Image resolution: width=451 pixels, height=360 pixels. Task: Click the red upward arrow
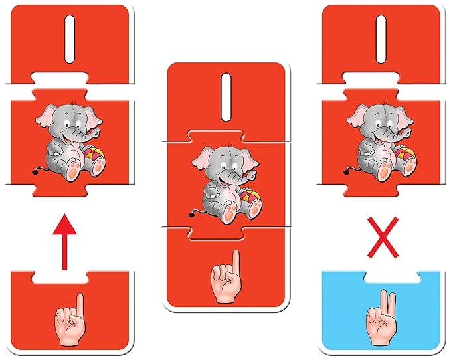pyautogui.click(x=64, y=242)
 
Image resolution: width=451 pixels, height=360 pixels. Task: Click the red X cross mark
pyautogui.click(x=383, y=238)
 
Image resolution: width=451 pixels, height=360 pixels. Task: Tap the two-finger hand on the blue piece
pyautogui.click(x=381, y=317)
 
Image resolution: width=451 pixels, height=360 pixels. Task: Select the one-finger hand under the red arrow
pyautogui.click(x=70, y=319)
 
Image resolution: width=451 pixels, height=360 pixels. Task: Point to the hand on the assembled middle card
pyautogui.click(x=226, y=276)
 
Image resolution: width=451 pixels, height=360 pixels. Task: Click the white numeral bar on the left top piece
pyautogui.click(x=70, y=39)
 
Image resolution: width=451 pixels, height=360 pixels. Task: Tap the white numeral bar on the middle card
pyautogui.click(x=226, y=97)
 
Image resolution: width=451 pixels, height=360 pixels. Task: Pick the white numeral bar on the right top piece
pyautogui.click(x=381, y=39)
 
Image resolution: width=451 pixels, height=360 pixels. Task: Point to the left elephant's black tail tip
pyautogui.click(x=35, y=172)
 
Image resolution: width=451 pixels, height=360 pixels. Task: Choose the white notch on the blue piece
pyautogui.click(x=393, y=277)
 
